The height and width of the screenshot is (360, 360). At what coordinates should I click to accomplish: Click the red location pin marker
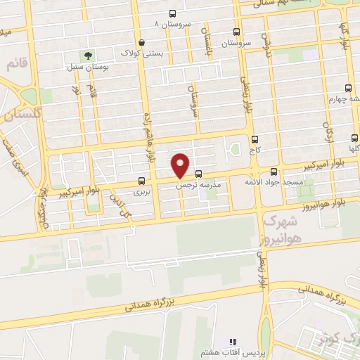coord(181,165)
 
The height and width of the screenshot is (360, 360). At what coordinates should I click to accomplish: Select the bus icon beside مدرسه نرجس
coord(198,174)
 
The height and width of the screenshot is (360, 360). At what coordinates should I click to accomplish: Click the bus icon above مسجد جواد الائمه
coord(274,172)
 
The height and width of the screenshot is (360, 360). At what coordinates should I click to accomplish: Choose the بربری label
coord(143,191)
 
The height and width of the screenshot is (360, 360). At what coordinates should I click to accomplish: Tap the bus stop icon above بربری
coord(143,181)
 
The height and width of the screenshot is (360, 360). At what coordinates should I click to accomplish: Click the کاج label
coord(255,150)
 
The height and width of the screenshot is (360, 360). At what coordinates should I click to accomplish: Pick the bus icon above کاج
coord(255,139)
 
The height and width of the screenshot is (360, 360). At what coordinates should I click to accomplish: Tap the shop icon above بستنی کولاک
coord(142,42)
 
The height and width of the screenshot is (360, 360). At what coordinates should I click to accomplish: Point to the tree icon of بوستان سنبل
coord(88,55)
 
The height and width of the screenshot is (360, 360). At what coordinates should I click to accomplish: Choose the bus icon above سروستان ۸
coord(173,13)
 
